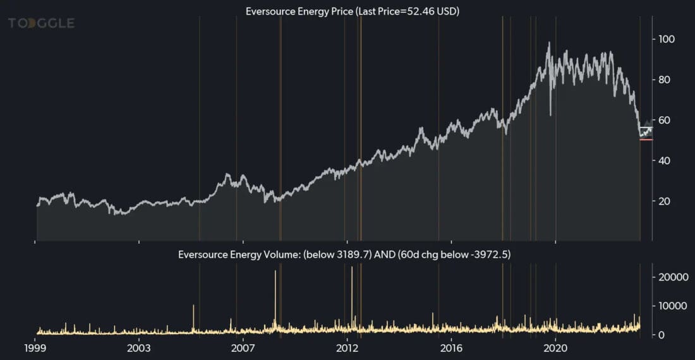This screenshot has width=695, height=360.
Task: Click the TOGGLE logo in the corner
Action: click(41, 23)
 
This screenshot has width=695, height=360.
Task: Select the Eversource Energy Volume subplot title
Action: click(344, 255)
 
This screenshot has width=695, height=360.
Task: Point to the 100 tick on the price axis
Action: click(667, 39)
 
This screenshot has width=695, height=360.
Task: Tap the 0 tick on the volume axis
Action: click(661, 335)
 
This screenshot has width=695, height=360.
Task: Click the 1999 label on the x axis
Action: click(35, 348)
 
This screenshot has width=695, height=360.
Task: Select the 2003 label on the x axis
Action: click(139, 348)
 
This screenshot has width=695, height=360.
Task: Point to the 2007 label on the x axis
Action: click(243, 348)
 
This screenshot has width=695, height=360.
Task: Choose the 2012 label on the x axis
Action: click(347, 348)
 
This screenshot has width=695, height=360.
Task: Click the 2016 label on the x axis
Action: click(451, 348)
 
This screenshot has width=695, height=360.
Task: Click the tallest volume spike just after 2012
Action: click(352, 269)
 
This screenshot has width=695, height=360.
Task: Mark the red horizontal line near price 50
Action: click(646, 140)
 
